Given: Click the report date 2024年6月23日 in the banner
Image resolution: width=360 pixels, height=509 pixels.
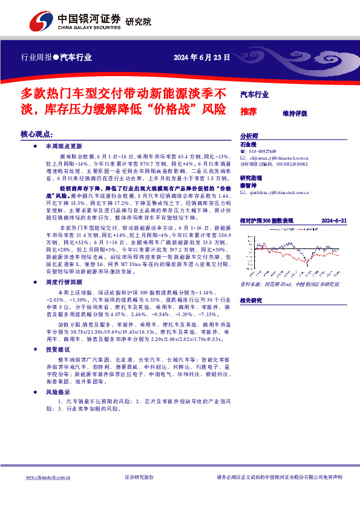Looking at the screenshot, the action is coord(201,59).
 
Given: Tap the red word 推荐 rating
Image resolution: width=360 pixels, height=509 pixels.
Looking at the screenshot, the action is coord(248,112).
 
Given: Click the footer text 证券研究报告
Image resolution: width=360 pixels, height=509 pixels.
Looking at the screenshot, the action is coord(139,477).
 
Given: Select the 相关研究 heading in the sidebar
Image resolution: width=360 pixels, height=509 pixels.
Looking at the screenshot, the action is coord(252,300).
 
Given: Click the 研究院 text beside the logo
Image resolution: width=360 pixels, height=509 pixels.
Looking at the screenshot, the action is coord(138,22).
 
